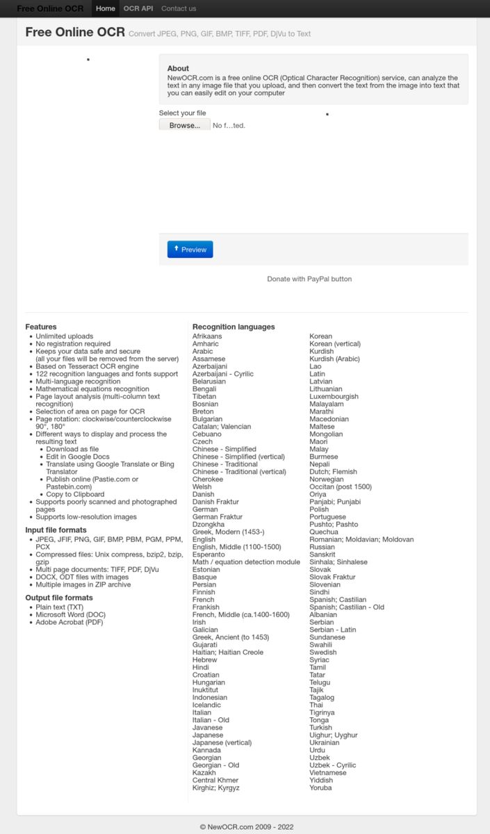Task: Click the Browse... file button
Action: (x=184, y=125)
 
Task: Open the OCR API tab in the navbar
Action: (x=138, y=8)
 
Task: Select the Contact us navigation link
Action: (x=179, y=8)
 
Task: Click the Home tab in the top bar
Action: (x=106, y=8)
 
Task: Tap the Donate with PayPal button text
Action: (x=309, y=279)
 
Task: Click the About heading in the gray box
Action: (x=178, y=68)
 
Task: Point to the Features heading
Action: (x=41, y=327)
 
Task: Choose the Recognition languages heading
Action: (x=234, y=327)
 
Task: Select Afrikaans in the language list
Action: (x=207, y=336)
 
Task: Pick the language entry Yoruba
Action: (x=320, y=787)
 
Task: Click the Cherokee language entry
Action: (x=208, y=479)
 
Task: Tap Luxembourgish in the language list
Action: (x=334, y=396)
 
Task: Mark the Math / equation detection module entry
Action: (x=246, y=562)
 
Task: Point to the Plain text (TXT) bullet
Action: (x=59, y=607)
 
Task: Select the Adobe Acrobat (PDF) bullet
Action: (x=70, y=622)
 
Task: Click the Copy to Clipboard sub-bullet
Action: (x=75, y=494)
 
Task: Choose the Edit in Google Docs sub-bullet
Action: (x=78, y=457)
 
